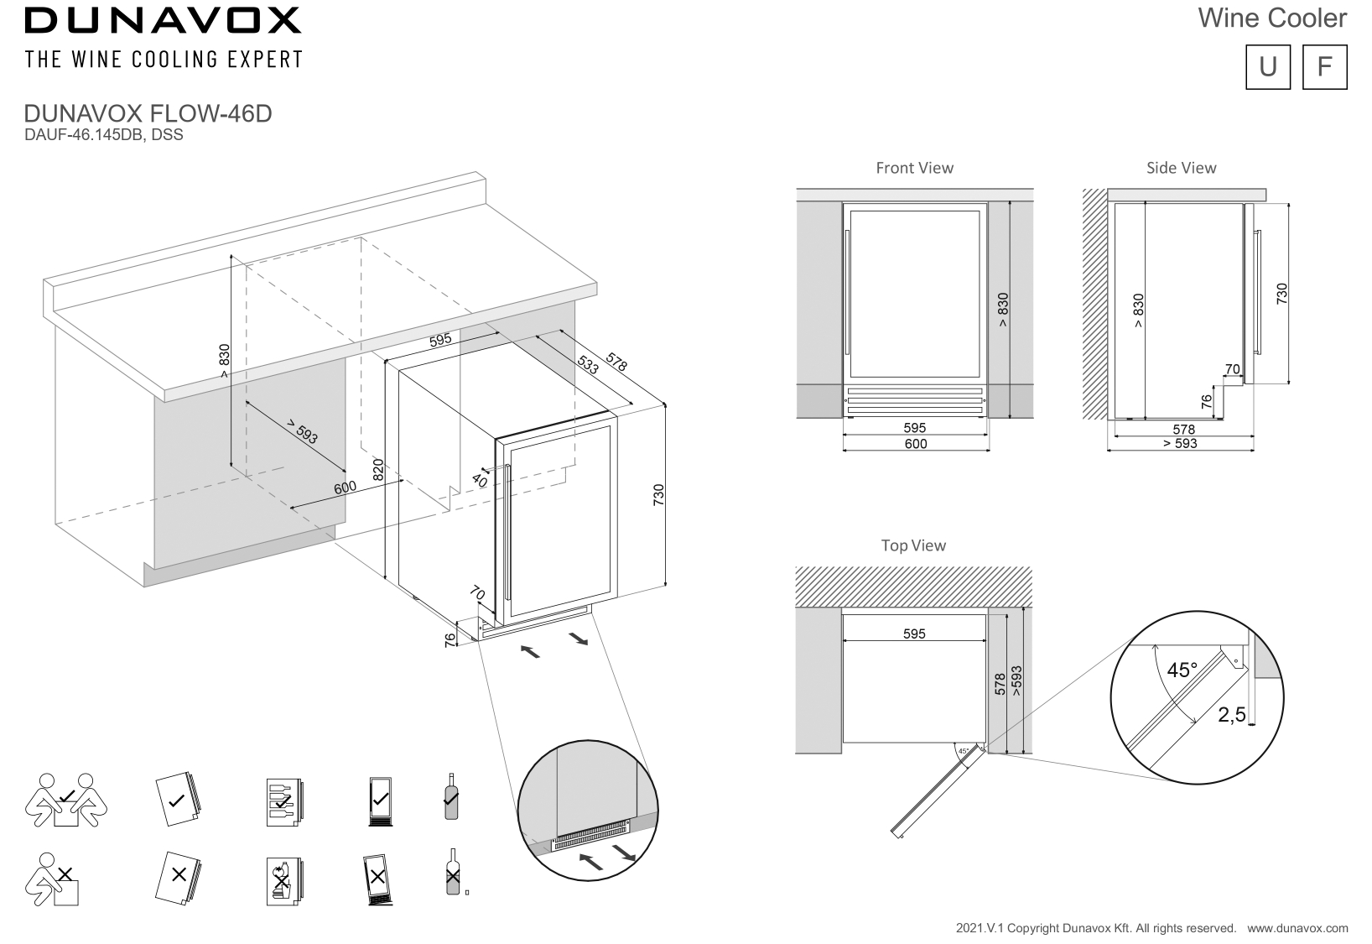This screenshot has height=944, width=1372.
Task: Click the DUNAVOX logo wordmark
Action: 163,21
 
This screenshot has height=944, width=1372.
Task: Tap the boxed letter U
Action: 1267,66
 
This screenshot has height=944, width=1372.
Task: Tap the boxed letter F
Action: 1324,66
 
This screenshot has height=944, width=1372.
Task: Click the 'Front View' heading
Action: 914,168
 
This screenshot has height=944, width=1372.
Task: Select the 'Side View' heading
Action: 1181,168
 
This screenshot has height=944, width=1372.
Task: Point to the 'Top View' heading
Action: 913,545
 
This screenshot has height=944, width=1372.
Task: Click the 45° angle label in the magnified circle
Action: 1182,670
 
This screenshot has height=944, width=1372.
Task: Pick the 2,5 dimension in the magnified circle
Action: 1231,715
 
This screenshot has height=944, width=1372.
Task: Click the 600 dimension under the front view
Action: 916,444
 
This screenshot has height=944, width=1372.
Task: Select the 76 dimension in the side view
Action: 1206,401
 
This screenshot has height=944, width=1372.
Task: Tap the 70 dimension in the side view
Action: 1232,369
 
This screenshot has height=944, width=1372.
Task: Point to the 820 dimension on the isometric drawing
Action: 378,469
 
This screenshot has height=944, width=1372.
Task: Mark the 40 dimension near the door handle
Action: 479,481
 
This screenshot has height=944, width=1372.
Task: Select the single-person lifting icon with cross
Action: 57,879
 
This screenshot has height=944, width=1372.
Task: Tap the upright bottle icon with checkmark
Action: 451,796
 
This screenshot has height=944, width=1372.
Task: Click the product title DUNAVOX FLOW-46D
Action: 148,114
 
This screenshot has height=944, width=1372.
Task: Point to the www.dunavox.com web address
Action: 1297,928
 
